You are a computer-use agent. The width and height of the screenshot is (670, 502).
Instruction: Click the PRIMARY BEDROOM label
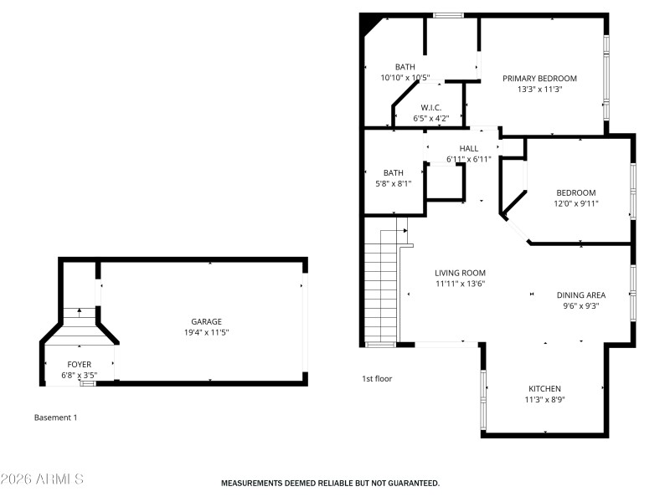[539, 79]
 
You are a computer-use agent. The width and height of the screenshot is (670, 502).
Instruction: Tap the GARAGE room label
[206, 321]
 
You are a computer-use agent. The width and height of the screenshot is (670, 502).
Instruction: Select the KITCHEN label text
[544, 389]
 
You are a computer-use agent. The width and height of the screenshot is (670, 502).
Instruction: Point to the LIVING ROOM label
[460, 273]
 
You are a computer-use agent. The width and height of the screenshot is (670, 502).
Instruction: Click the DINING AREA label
[580, 295]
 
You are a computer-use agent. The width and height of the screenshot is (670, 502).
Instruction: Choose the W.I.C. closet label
[430, 107]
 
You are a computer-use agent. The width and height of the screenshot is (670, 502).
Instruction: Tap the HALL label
[468, 148]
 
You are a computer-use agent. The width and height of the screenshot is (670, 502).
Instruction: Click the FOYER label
[80, 365]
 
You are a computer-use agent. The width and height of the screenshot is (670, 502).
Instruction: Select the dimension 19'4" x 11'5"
[206, 332]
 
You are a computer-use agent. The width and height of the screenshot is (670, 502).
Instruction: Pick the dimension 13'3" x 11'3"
[539, 89]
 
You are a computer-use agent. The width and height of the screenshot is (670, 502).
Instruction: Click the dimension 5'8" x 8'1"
[393, 183]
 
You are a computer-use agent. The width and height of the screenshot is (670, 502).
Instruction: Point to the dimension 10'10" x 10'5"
[405, 78]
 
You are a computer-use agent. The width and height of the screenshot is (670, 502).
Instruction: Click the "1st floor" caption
[377, 379]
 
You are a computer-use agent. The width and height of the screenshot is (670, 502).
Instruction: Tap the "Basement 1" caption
[55, 417]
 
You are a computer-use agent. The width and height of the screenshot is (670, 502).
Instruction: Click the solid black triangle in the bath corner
[368, 25]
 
